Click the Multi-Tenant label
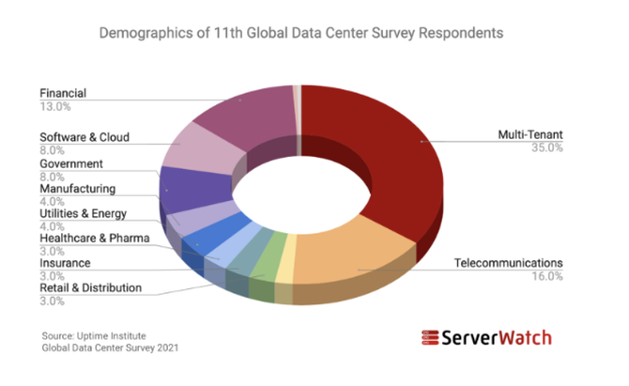(529, 135)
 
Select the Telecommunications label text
(508, 262)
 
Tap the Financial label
(63, 94)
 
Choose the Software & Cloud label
(84, 137)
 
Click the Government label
(71, 163)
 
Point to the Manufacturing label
(77, 189)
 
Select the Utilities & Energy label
(82, 213)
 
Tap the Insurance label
(65, 264)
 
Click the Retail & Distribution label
(90, 287)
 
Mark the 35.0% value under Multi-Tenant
(547, 148)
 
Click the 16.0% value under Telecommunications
(547, 276)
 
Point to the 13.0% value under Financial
(54, 107)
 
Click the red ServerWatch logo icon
(431, 338)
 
